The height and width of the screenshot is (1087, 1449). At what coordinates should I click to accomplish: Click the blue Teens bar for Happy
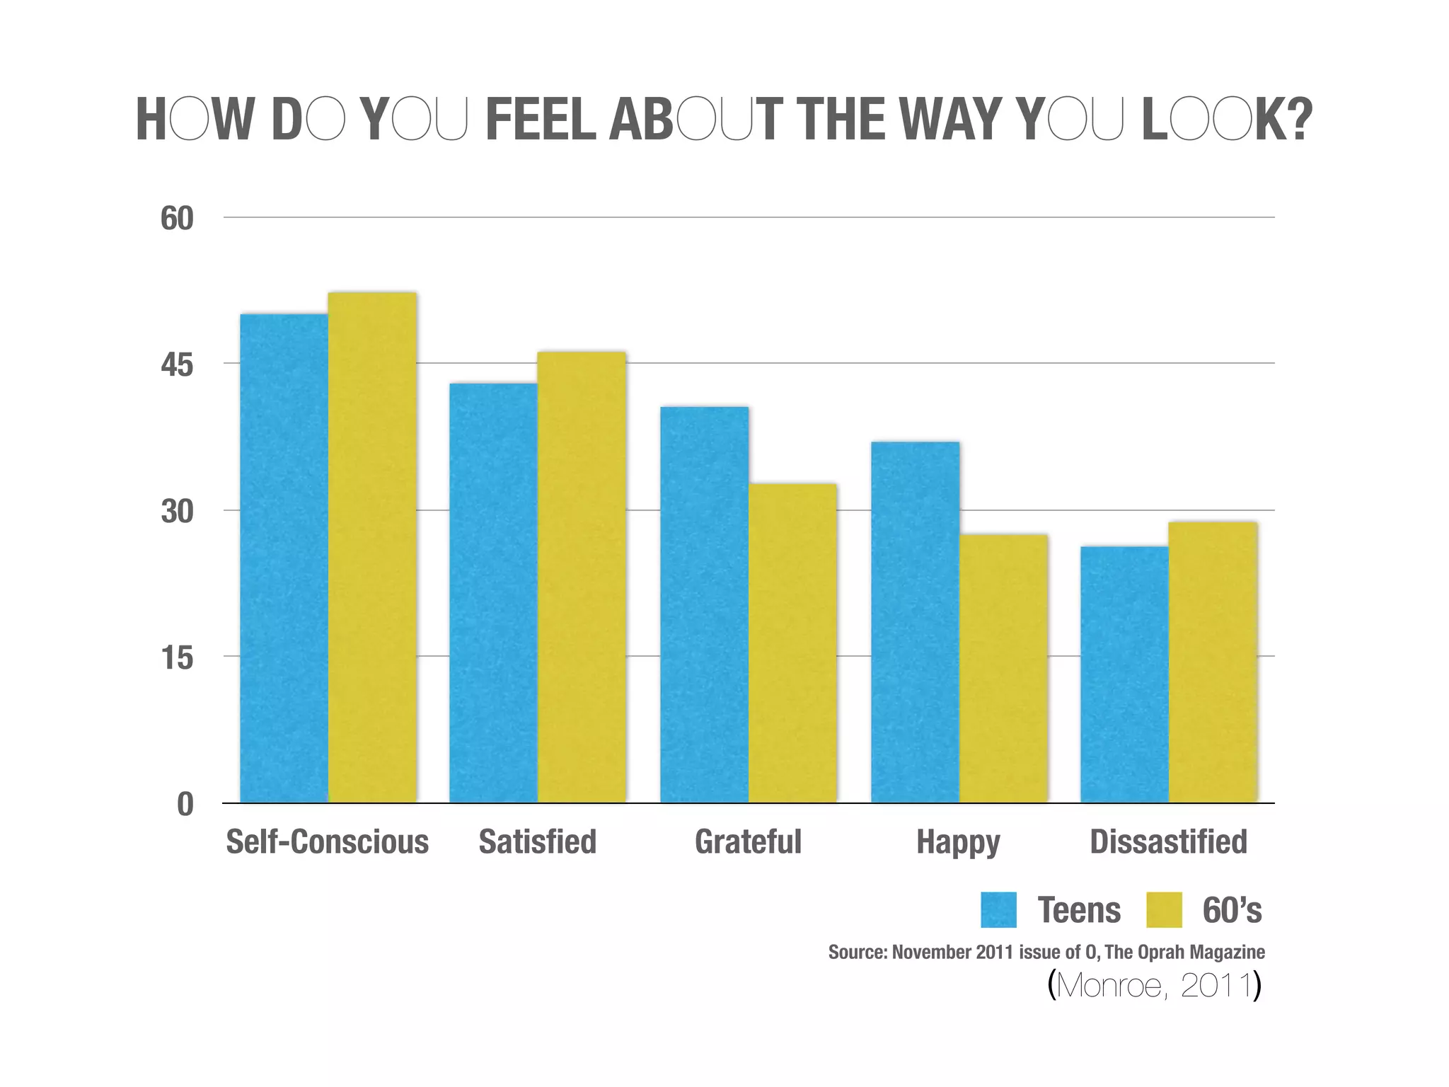tap(915, 622)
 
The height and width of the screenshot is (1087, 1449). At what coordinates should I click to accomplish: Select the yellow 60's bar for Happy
tap(1003, 668)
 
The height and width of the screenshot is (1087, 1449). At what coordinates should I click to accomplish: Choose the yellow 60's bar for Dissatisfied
tap(1213, 662)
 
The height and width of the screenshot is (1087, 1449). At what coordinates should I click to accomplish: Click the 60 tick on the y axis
tap(177, 219)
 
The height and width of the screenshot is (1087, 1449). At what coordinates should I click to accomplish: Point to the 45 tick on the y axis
tap(177, 365)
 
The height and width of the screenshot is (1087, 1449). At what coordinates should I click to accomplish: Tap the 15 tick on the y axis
tap(177, 658)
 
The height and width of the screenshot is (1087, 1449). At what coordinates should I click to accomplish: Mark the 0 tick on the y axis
tap(185, 805)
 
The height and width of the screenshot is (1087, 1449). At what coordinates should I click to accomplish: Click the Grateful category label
tap(748, 842)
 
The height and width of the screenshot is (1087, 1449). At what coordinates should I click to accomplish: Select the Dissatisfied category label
tap(1168, 842)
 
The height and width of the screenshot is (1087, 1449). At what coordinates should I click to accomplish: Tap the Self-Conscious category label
tap(327, 842)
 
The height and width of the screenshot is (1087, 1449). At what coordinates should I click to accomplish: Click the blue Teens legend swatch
tap(998, 910)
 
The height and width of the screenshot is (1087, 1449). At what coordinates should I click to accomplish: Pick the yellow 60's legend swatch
tap(1164, 910)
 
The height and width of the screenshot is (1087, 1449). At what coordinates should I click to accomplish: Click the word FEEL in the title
tap(541, 120)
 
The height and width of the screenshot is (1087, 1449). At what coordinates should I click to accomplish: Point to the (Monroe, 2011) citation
tap(1154, 985)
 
